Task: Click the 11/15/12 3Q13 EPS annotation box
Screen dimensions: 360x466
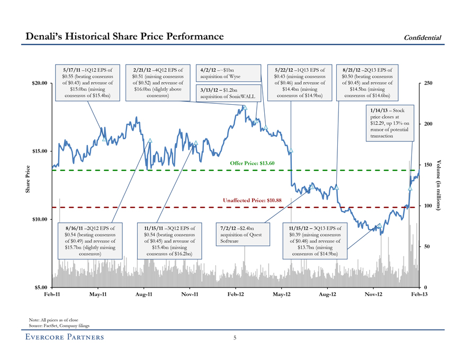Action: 315,241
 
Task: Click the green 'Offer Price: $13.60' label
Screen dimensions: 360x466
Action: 253,163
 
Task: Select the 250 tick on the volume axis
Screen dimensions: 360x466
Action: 428,83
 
